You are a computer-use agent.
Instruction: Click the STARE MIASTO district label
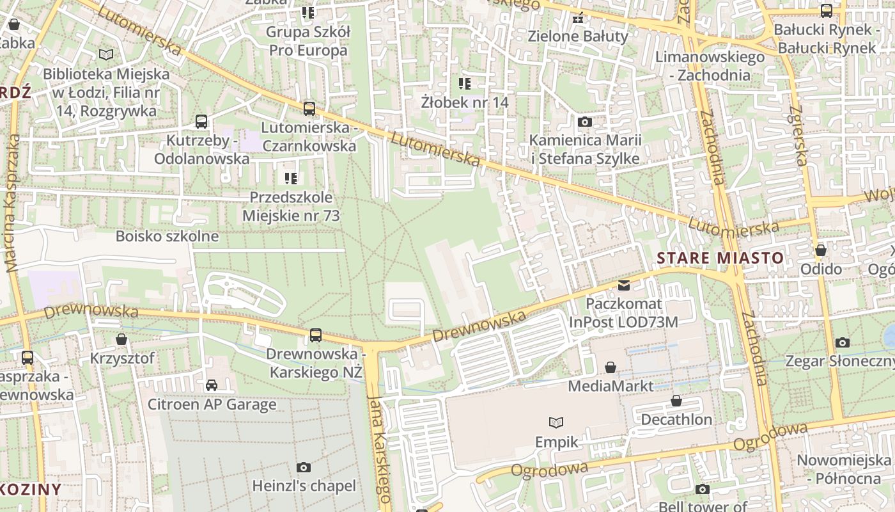coord(720,258)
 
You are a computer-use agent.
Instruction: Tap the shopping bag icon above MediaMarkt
coord(611,367)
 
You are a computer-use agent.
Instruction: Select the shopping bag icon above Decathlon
coord(676,401)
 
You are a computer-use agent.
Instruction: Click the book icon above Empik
coord(556,422)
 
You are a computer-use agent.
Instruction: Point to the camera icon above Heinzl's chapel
coord(304,468)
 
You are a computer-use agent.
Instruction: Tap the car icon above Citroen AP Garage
coord(212,385)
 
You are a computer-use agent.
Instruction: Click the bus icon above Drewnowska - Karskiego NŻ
coord(315,335)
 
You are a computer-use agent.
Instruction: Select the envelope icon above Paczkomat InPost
coord(623,285)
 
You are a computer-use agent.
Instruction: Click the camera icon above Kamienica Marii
coord(584,122)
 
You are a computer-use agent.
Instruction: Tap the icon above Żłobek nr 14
coord(465,83)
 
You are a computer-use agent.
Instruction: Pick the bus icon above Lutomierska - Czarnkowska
coord(309,108)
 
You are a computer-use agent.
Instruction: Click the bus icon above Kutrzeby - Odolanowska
coord(201,121)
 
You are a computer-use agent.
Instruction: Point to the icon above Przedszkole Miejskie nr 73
coord(291,178)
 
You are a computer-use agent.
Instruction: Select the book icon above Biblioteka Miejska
coord(106,55)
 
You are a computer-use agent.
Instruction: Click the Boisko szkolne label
coord(167,236)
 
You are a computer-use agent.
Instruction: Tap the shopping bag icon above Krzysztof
coord(121,339)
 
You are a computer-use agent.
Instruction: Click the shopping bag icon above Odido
coord(821,250)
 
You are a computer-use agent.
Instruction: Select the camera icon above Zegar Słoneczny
coord(843,342)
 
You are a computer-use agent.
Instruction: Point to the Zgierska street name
coord(798,135)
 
